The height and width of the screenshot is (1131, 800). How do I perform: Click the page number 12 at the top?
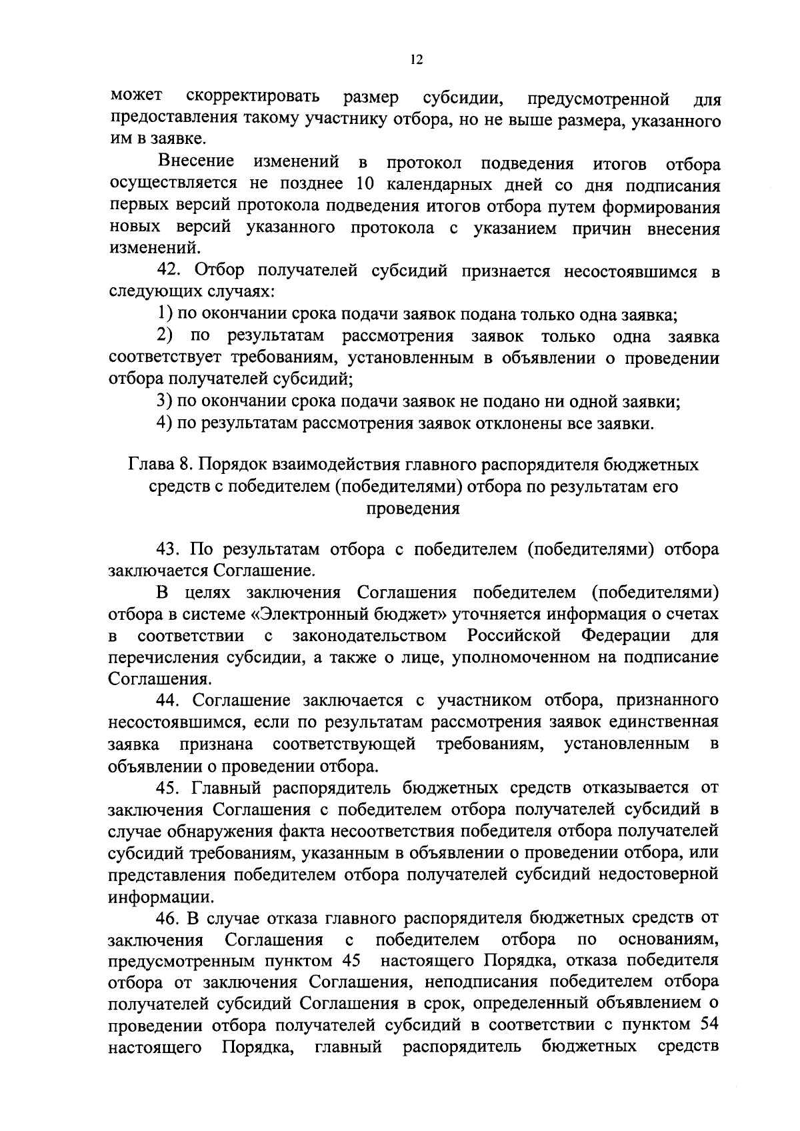(x=417, y=59)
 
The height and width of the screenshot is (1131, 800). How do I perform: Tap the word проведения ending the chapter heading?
(x=413, y=509)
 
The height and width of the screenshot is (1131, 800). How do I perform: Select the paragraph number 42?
(x=168, y=271)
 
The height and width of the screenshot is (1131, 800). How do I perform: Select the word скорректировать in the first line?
(x=253, y=97)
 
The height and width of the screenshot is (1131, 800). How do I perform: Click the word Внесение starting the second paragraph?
(x=196, y=162)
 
